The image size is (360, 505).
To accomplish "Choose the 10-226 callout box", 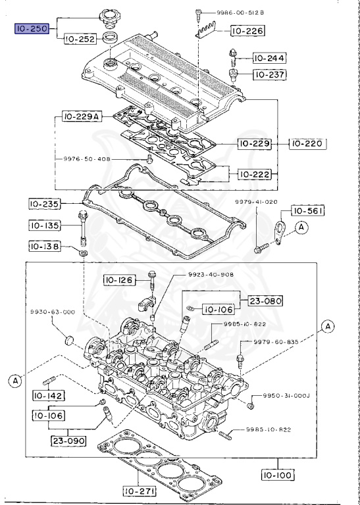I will pos(246,31).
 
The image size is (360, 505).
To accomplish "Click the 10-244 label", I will pos(270,59).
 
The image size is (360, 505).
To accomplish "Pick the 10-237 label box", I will pos(270,74).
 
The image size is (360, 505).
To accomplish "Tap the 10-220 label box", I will pos(306,143).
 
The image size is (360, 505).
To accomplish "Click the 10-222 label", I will pos(253,174).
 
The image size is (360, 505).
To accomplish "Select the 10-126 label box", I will pos(119,281).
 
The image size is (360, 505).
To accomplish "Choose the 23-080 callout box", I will pos(265,301).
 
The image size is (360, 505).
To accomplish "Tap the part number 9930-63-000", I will pos(51,312).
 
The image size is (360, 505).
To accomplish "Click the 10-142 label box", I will pos(47,395).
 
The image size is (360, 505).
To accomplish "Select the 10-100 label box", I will pos(278,474).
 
